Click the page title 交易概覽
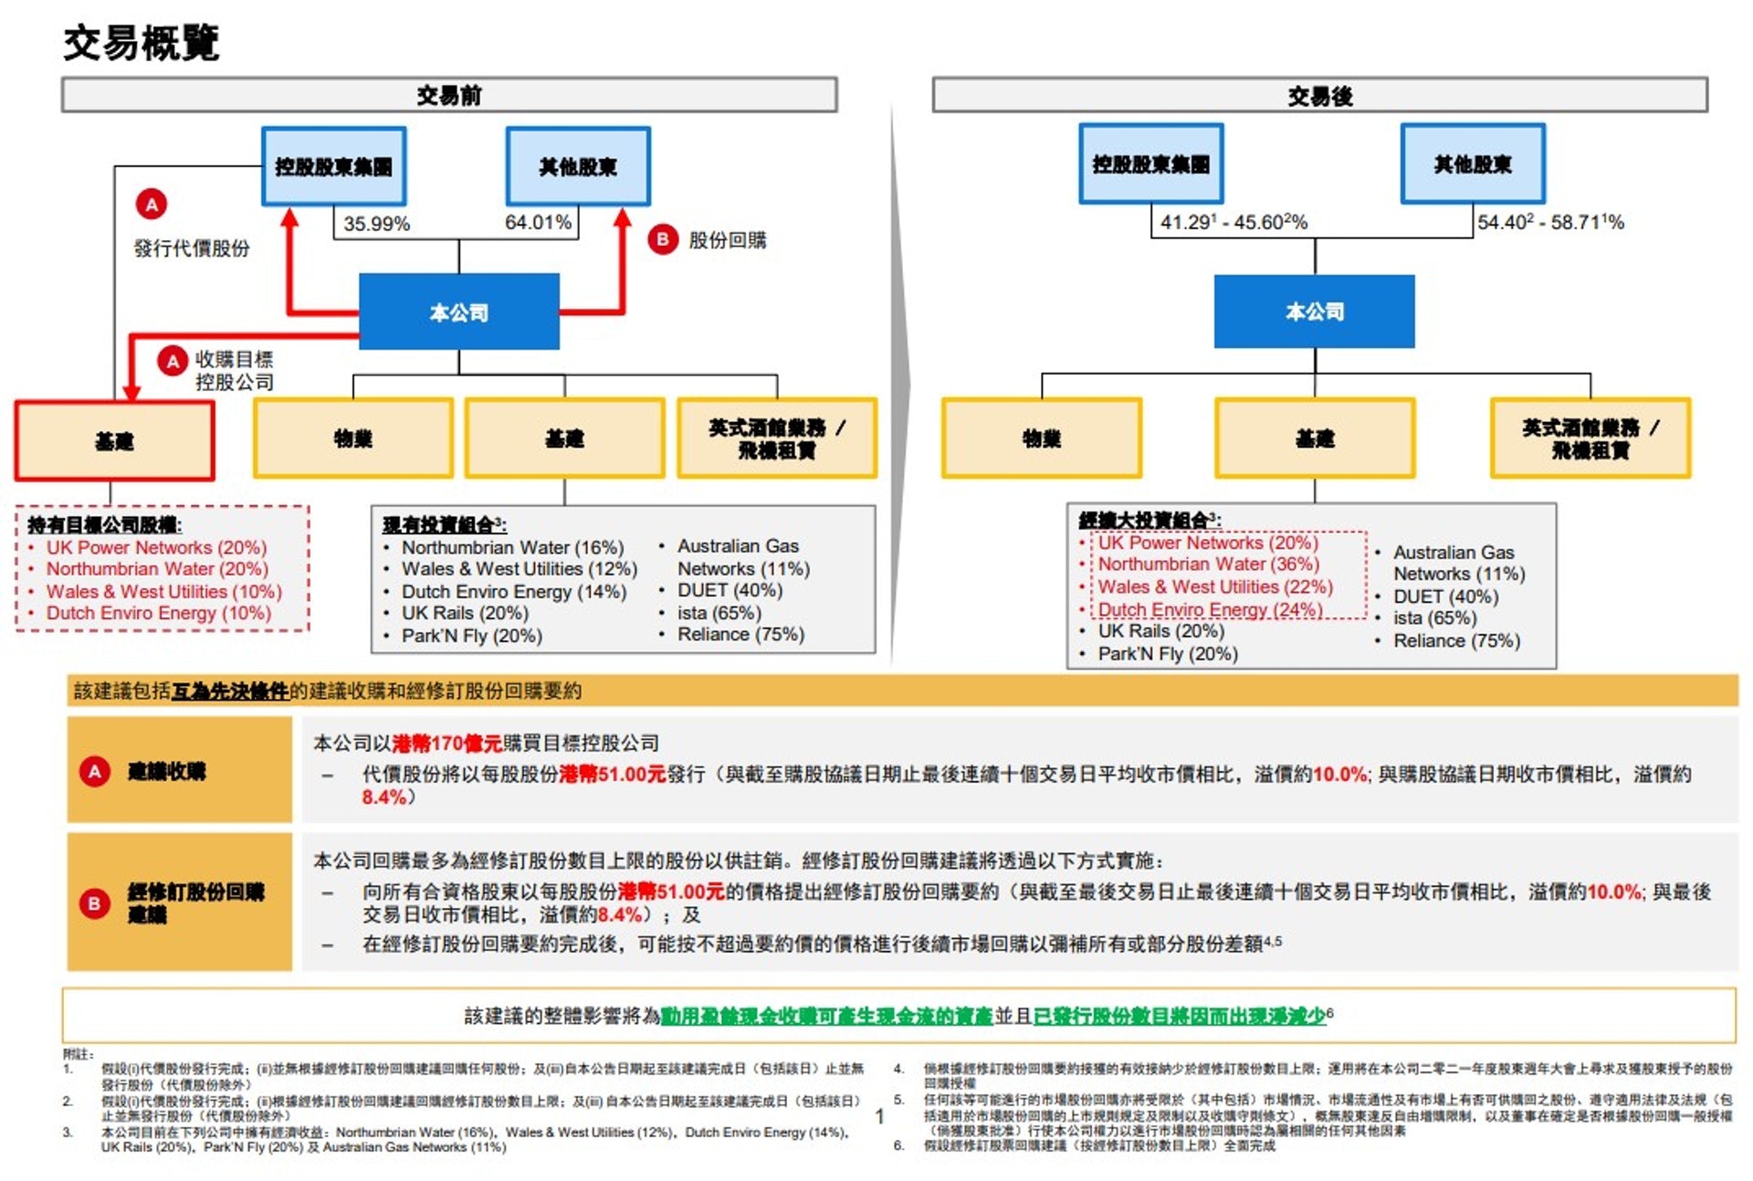pyautogui.click(x=142, y=43)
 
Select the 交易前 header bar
pyautogui.click(x=449, y=95)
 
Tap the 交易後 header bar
pyautogui.click(x=1319, y=95)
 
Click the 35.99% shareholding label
pyautogui.click(x=376, y=224)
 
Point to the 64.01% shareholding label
pyautogui.click(x=538, y=222)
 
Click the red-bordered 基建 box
pyautogui.click(x=114, y=441)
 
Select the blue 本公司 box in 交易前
pyautogui.click(x=459, y=311)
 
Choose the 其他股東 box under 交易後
pyautogui.click(x=1473, y=164)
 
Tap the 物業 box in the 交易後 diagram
pyautogui.click(x=1042, y=438)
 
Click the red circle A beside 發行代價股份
pyautogui.click(x=152, y=204)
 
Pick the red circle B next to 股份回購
pyautogui.click(x=663, y=239)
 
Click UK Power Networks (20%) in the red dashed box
pyautogui.click(x=156, y=547)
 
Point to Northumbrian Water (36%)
pyautogui.click(x=1208, y=564)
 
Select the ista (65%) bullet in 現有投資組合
pyautogui.click(x=719, y=612)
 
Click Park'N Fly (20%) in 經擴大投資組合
pyautogui.click(x=1167, y=654)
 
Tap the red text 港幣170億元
pyautogui.click(x=446, y=743)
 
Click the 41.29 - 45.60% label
pyautogui.click(x=1233, y=222)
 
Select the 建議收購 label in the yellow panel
pyautogui.click(x=166, y=771)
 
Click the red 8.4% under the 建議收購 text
pyautogui.click(x=383, y=797)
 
